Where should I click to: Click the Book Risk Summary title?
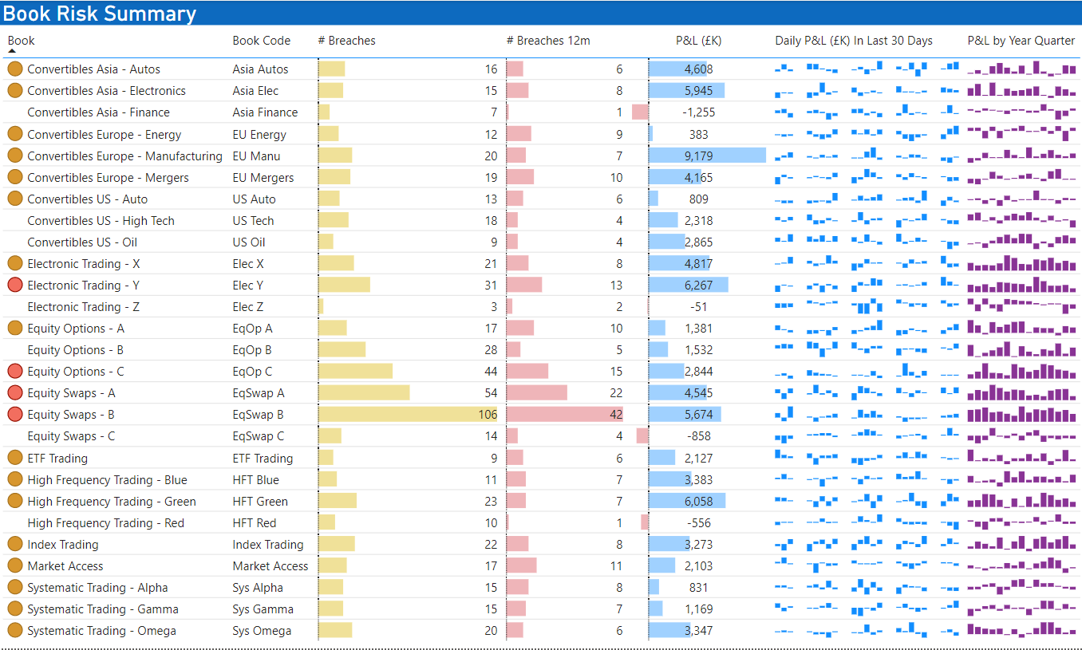[100, 14]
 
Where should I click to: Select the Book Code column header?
[261, 41]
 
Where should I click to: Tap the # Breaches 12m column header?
[548, 41]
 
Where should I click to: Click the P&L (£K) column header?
[698, 41]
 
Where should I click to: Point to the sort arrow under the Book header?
[12, 51]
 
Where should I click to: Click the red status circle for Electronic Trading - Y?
[14, 286]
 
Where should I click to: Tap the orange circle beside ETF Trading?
[14, 458]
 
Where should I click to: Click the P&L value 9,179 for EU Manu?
[698, 156]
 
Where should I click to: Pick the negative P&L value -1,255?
[698, 112]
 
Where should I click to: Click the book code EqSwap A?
[259, 393]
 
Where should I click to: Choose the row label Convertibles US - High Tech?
[101, 221]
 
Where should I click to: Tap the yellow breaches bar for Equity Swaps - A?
[364, 393]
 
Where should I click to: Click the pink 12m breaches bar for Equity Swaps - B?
[563, 415]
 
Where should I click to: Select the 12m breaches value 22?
[615, 393]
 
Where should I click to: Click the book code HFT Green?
[262, 502]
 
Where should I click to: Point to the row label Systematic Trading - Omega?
[101, 631]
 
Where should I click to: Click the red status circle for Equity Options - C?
[14, 372]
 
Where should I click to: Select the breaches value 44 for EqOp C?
[490, 372]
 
